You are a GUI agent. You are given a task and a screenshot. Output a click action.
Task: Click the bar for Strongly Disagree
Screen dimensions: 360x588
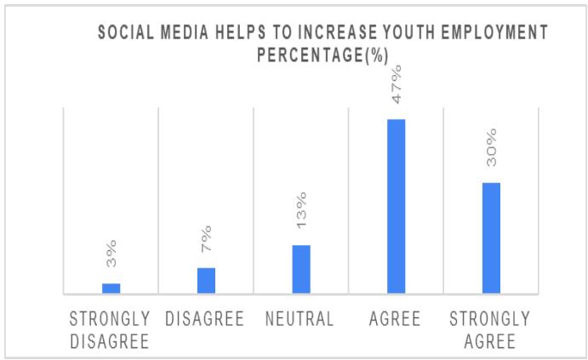[111, 289]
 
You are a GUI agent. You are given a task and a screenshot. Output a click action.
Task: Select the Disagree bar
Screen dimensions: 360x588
[206, 281]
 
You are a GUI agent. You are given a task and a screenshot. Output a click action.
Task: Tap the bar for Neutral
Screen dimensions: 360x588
[301, 270]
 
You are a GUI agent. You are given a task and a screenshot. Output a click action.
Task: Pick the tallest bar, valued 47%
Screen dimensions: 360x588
[397, 207]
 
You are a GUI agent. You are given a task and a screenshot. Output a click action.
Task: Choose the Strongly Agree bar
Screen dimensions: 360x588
[491, 238]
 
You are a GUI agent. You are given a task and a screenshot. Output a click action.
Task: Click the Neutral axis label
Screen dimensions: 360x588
[300, 320]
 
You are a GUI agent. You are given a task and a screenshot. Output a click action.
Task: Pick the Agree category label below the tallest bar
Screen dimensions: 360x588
[396, 320]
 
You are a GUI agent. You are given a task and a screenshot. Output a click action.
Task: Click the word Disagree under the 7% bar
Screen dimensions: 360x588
[205, 320]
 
